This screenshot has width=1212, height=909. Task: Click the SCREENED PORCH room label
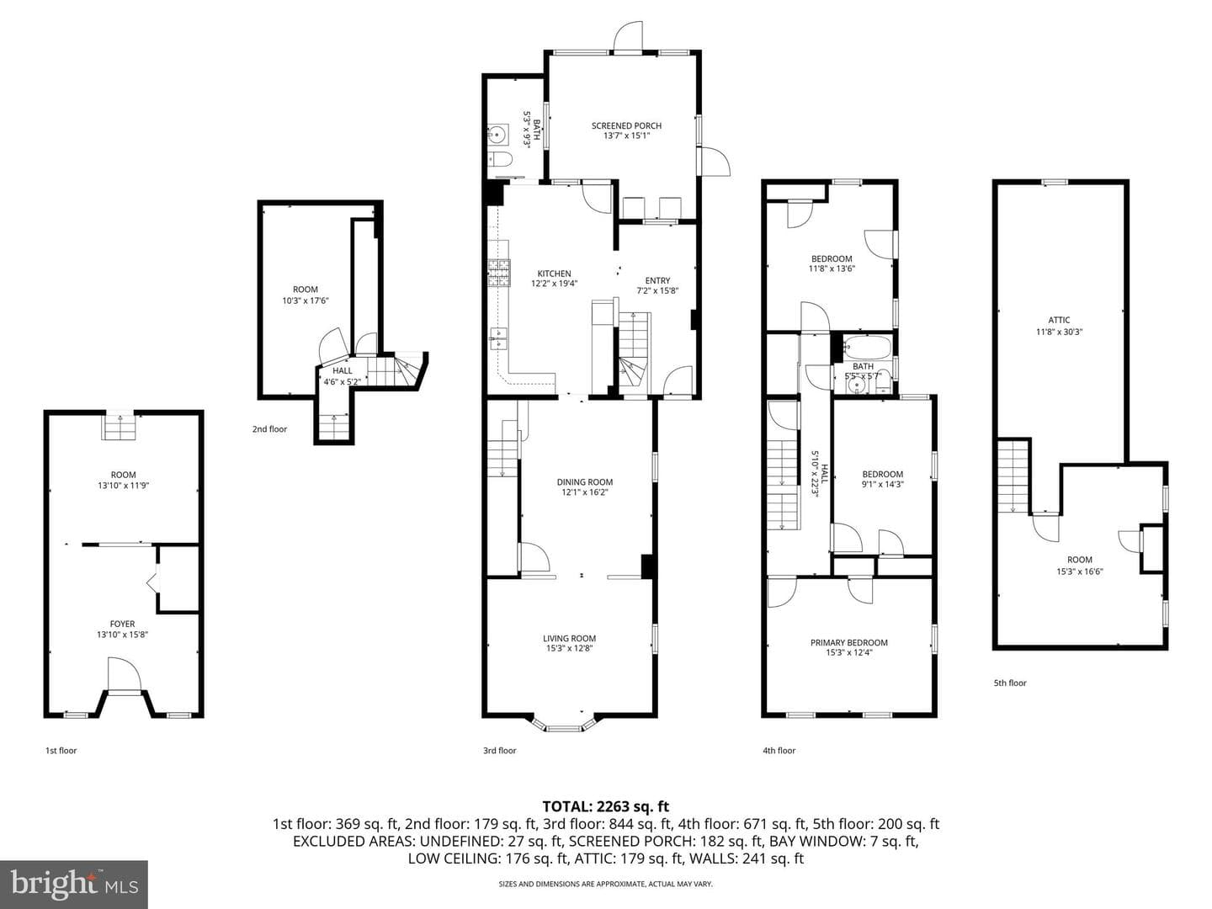(x=626, y=126)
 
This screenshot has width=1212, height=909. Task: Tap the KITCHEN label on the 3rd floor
(x=555, y=274)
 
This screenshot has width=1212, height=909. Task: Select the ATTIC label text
(x=1059, y=320)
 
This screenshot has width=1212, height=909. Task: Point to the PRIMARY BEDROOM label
(x=848, y=642)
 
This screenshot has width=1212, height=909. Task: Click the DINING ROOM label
(x=585, y=481)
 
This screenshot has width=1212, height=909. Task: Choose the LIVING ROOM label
(x=569, y=639)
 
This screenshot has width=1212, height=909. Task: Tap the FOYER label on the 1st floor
(x=123, y=625)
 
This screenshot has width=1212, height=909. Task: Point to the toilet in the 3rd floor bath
(x=500, y=159)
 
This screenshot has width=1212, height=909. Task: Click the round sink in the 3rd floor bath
(x=498, y=135)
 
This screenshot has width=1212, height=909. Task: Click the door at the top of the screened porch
(x=629, y=38)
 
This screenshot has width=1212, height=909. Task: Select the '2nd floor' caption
(x=269, y=429)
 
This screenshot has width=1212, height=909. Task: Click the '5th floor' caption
(x=1010, y=683)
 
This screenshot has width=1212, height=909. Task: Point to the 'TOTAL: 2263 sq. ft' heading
(x=605, y=807)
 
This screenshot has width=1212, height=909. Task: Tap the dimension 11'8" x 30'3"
(x=1059, y=332)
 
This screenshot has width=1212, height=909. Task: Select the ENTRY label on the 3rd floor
(x=657, y=280)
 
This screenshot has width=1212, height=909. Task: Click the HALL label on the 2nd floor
(x=343, y=371)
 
